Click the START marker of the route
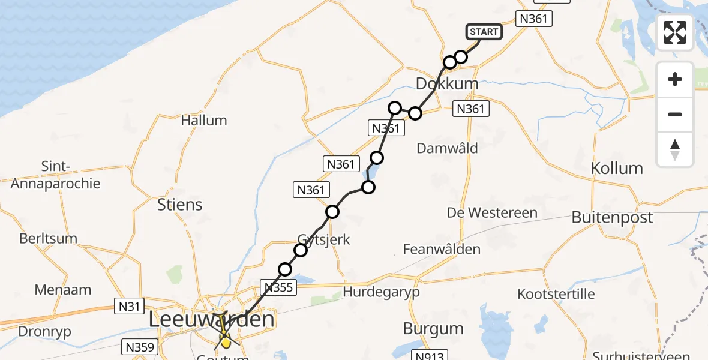484,32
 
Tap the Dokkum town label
447,84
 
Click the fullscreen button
675,32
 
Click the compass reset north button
675,149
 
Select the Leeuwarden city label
211,319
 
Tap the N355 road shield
278,287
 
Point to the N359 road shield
140,347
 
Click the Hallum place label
204,121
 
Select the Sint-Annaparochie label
55,175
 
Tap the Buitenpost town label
612,217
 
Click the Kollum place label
617,168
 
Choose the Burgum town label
433,329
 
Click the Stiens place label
179,205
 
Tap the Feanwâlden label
442,249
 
